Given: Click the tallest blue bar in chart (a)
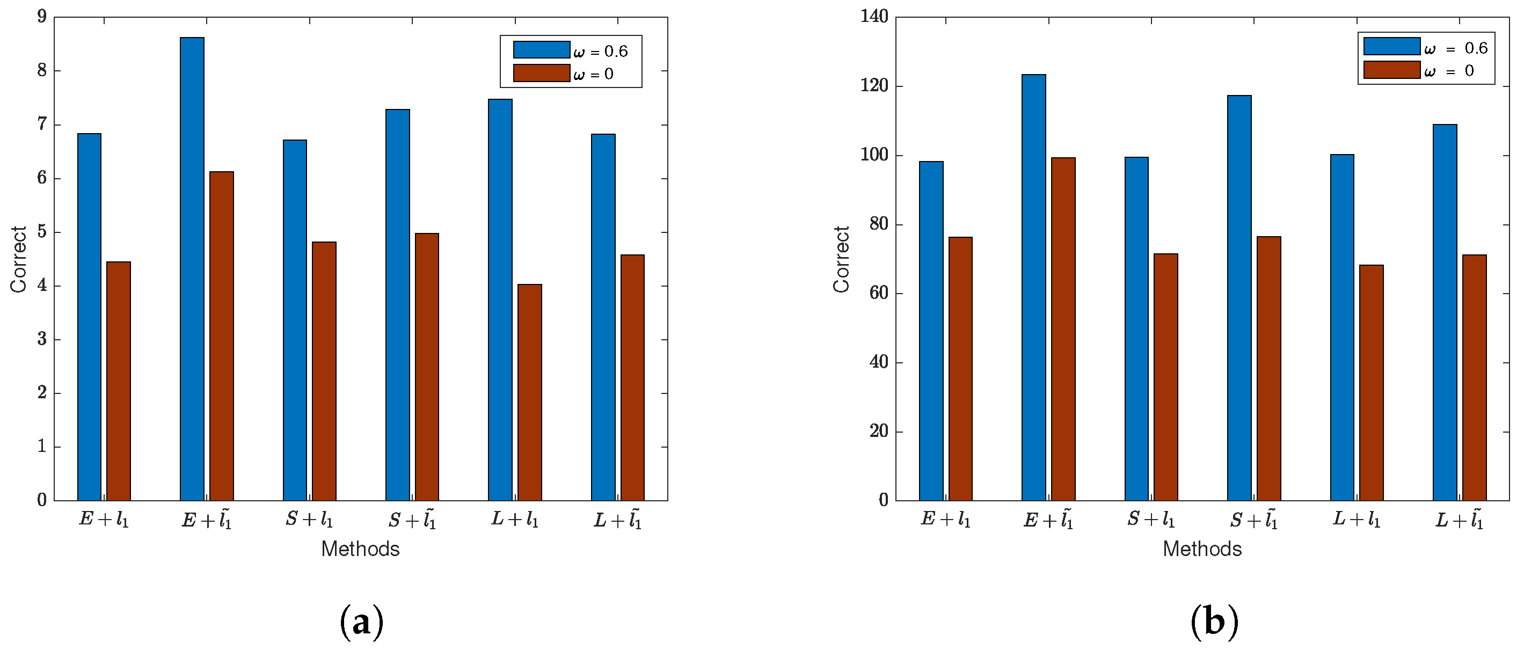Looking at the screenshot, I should (192, 269).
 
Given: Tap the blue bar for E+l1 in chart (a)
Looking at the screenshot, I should (89, 317).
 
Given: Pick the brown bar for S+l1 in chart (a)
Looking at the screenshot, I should (324, 371).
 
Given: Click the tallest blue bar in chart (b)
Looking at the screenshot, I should (1033, 288).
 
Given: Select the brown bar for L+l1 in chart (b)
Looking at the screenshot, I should (1371, 383).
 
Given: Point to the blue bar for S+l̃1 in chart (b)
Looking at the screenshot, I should (1239, 298).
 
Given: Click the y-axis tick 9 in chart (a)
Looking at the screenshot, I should (41, 17).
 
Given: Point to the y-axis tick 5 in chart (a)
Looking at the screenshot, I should (41, 232).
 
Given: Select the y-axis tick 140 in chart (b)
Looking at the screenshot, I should (874, 17).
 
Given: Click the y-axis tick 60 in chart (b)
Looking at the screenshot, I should (879, 294).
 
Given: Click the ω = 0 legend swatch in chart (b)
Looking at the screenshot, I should (1391, 70).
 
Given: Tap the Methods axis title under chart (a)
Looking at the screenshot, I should (360, 549).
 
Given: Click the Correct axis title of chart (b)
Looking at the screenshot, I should (841, 259).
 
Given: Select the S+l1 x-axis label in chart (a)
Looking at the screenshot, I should (309, 519).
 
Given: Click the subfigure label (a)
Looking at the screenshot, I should (361, 622).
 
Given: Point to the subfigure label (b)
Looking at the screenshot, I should (1214, 622).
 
